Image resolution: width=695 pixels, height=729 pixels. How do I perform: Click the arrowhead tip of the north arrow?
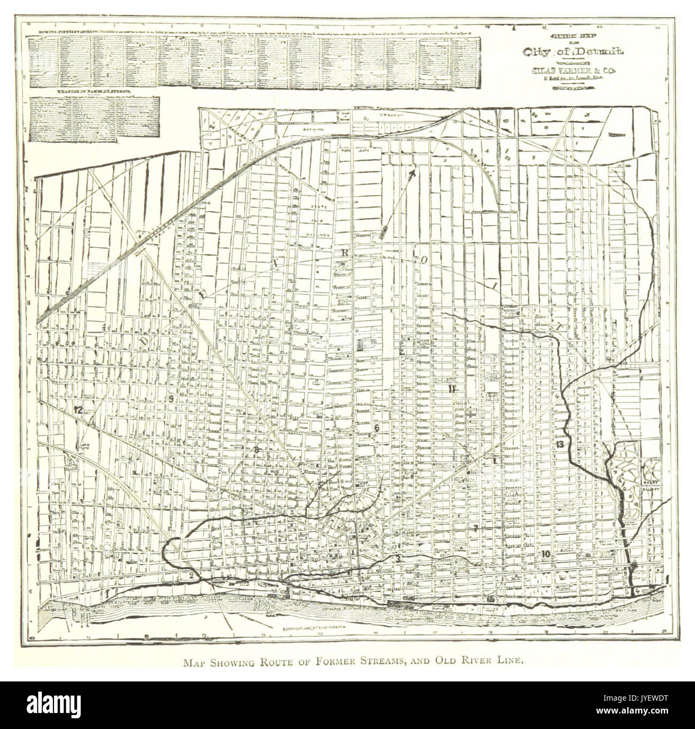(x=412, y=173)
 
